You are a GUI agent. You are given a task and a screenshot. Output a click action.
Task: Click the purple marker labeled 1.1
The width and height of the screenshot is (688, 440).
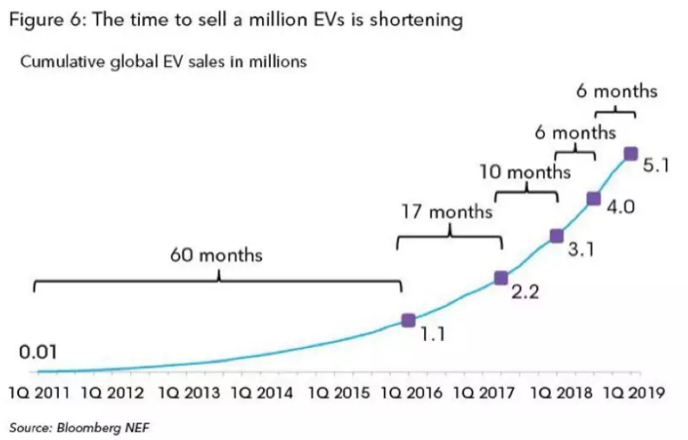click(x=409, y=320)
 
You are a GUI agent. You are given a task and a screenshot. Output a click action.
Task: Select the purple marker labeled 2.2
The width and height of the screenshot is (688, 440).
click(x=501, y=278)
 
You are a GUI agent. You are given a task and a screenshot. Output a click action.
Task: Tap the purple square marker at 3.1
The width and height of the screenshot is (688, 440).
click(x=557, y=235)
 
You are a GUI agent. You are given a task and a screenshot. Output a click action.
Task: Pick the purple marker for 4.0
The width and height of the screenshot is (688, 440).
click(x=593, y=198)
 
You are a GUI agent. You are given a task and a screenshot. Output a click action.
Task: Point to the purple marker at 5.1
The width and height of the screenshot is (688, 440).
click(x=631, y=154)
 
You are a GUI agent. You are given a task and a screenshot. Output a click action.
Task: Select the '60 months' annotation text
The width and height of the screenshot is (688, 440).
click(x=217, y=256)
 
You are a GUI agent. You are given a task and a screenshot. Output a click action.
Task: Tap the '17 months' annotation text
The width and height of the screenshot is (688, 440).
click(x=446, y=211)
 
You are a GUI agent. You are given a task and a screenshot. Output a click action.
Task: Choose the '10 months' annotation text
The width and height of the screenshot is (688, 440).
click(x=525, y=172)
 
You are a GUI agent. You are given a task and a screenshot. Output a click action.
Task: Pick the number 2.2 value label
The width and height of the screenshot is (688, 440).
click(x=525, y=292)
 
